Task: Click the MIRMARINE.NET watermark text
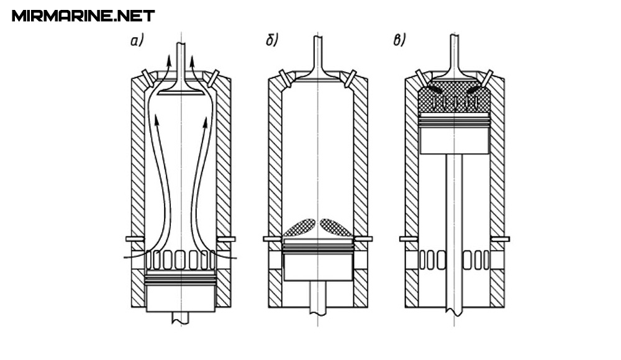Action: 83,16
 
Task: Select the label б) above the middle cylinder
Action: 271,42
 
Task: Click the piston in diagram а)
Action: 180,295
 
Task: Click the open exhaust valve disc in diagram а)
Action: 180,92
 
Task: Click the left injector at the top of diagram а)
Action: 146,78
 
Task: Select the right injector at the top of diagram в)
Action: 489,78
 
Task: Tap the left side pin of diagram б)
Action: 271,239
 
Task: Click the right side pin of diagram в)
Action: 501,239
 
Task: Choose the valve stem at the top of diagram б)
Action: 317,50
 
